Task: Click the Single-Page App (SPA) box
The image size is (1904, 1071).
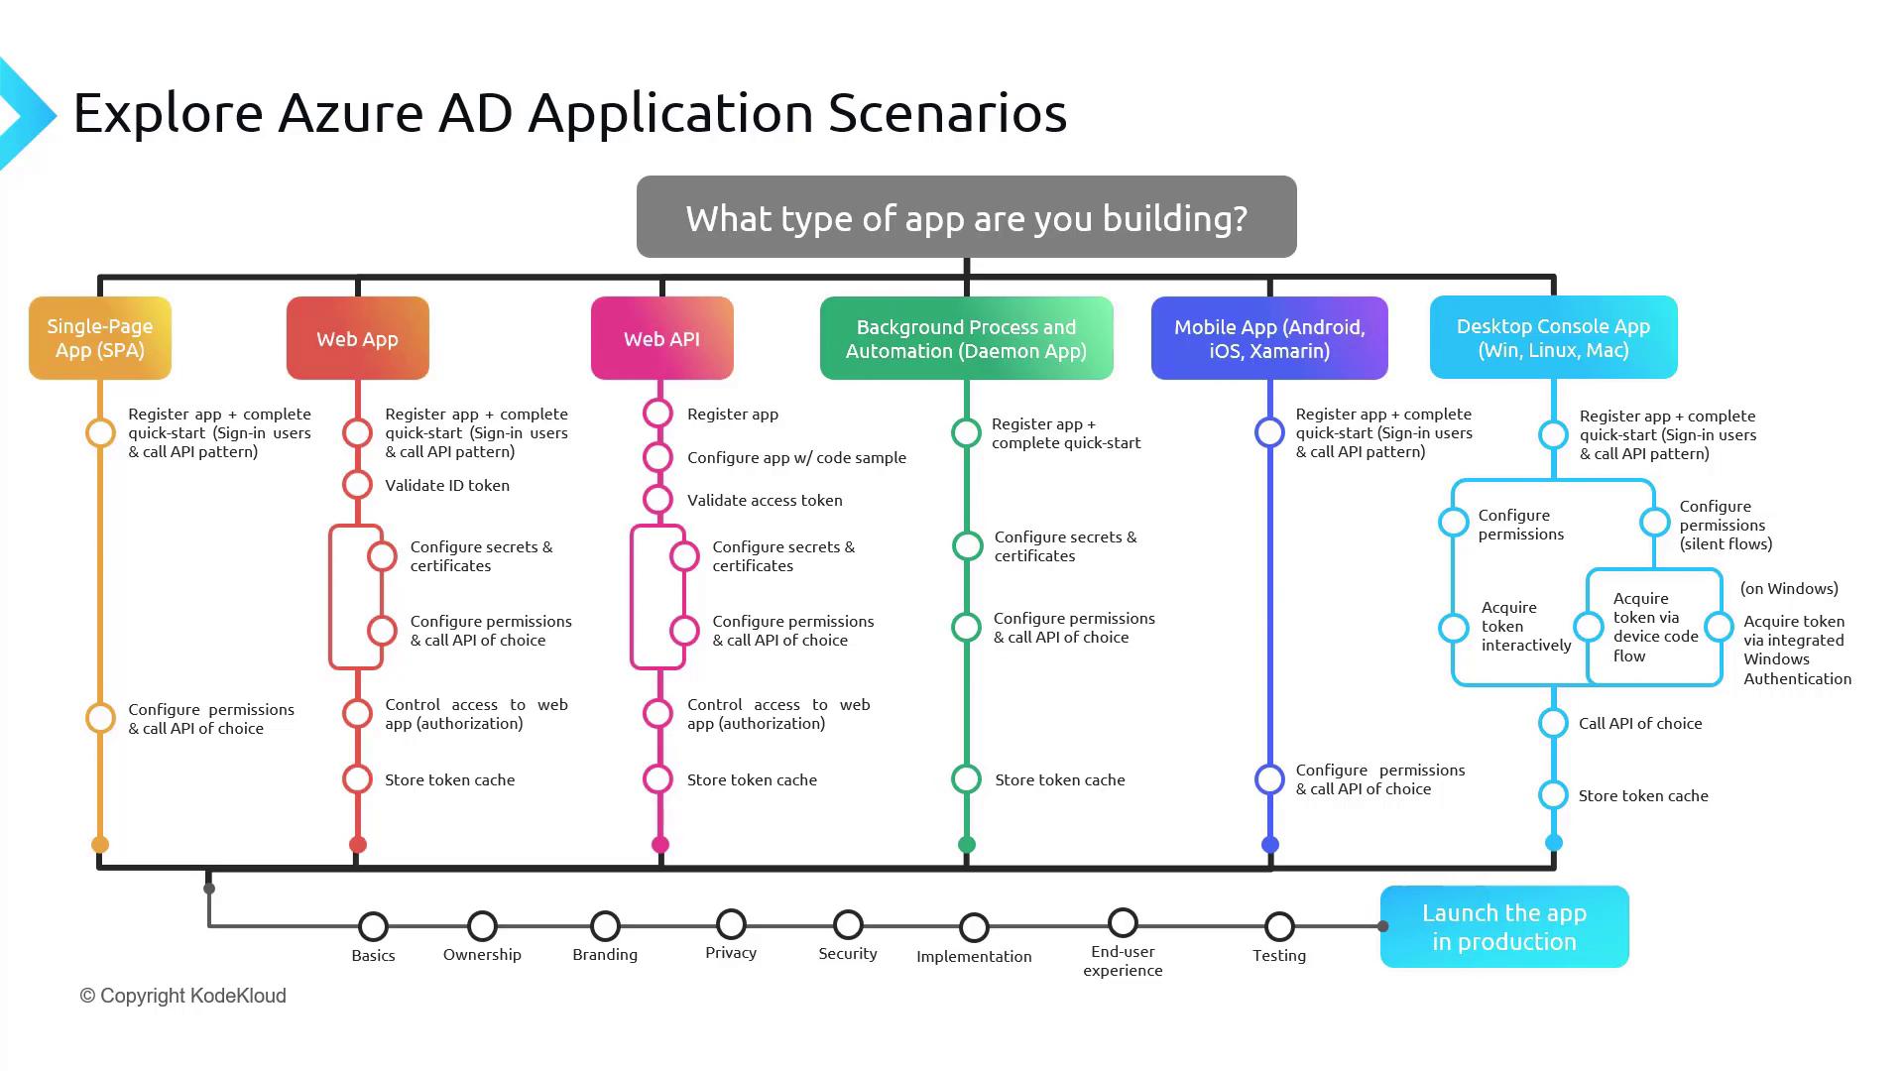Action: [x=100, y=338]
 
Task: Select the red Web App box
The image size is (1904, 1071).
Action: [x=358, y=338]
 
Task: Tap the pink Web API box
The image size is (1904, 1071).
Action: [x=662, y=338]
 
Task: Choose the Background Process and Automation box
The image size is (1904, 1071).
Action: [x=967, y=338]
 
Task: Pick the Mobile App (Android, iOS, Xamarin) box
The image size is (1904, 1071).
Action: [x=1269, y=338]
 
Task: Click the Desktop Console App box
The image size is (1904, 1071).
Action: [x=1554, y=337]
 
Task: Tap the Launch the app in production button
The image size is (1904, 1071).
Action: [x=1504, y=926]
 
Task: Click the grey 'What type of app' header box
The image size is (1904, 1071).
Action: [x=967, y=217]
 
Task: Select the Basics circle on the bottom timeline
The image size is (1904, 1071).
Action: [x=373, y=926]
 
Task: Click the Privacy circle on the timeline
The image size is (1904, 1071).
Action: [x=731, y=924]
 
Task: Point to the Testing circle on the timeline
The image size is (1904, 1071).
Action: [x=1279, y=926]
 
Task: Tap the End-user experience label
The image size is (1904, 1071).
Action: [x=1123, y=961]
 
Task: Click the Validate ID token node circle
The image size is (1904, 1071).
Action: [x=358, y=485]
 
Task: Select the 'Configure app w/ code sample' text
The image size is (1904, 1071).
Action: [x=796, y=457]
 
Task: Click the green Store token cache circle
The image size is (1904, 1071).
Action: [x=967, y=779]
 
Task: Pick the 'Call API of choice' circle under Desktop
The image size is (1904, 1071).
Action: [x=1554, y=723]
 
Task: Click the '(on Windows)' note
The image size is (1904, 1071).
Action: [x=1789, y=588]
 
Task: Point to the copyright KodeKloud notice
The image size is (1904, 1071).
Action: [x=182, y=996]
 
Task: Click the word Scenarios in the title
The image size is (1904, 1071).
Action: [x=947, y=112]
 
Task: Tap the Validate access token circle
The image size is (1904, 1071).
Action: [x=658, y=500]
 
